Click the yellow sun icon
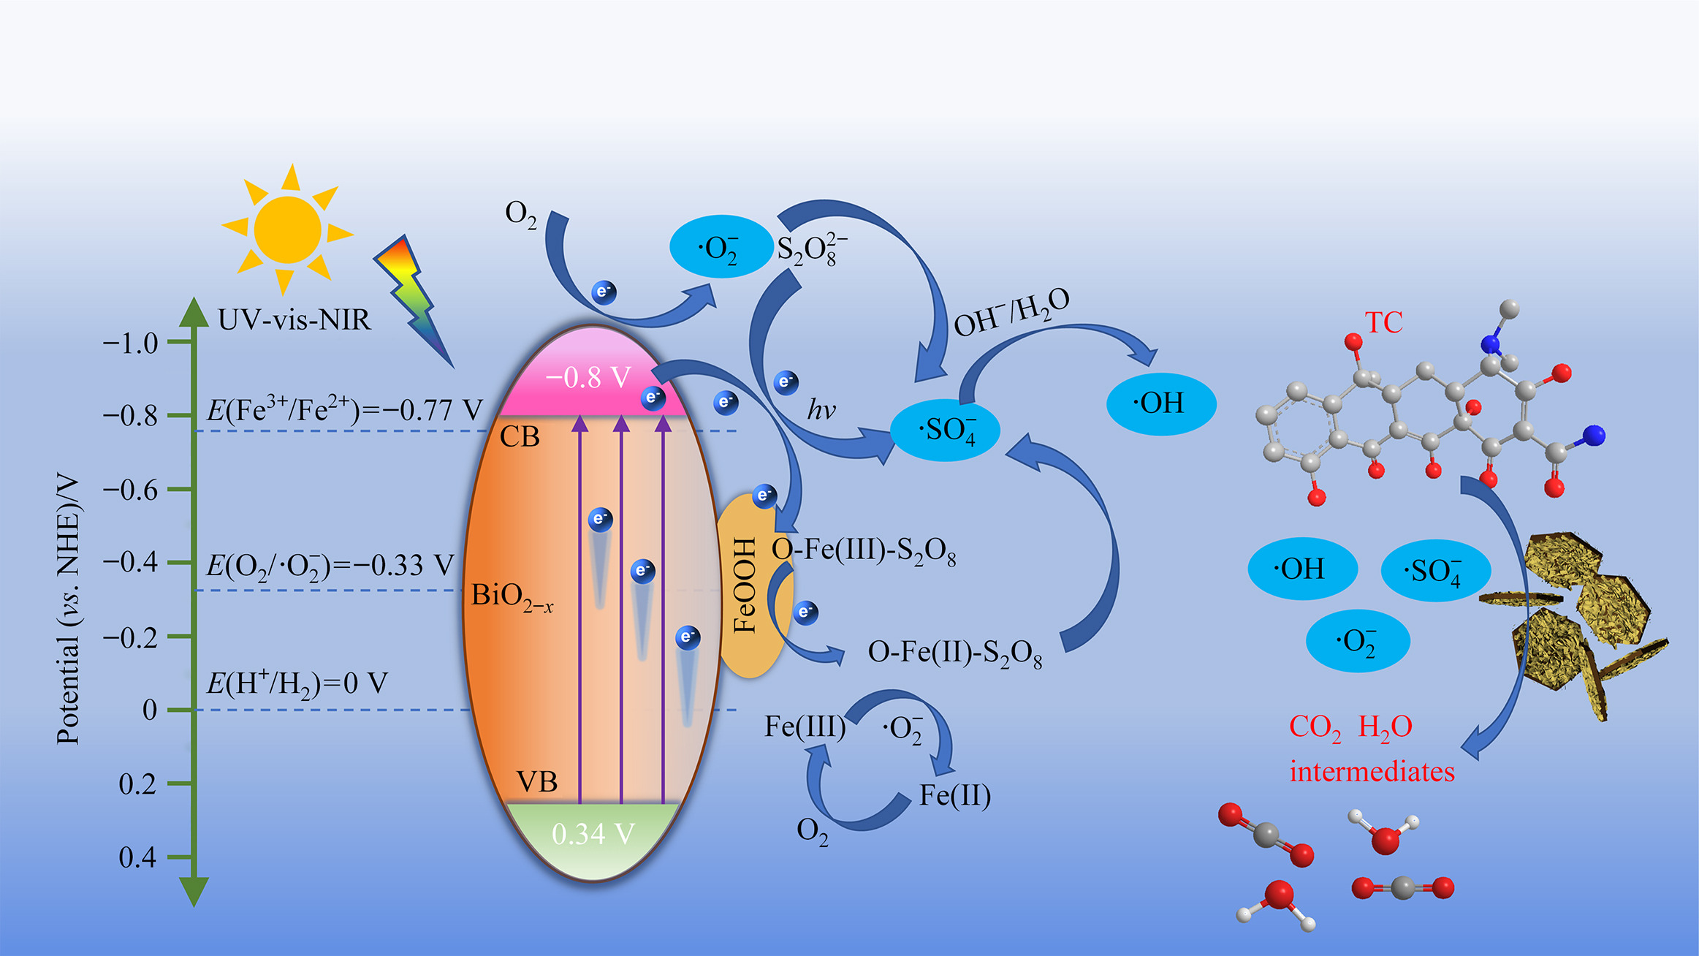click(287, 229)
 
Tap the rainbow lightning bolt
click(414, 300)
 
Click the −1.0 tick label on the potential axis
click(131, 343)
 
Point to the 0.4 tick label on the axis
click(137, 857)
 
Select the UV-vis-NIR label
click(294, 320)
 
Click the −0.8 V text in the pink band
click(588, 377)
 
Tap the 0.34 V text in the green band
click(593, 834)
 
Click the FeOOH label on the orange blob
click(744, 585)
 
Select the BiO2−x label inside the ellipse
click(512, 596)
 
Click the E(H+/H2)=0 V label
click(297, 683)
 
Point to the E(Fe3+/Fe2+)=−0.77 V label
click(344, 409)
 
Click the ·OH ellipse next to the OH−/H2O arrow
click(1160, 403)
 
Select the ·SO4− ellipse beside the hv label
click(946, 430)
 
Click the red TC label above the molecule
click(1383, 322)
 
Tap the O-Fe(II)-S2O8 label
click(954, 653)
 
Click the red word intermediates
click(1372, 772)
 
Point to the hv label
click(821, 410)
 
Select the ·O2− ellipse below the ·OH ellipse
click(1357, 641)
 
